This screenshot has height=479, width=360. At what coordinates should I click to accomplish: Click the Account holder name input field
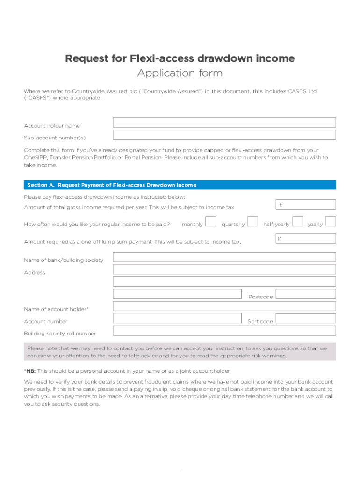[224, 123]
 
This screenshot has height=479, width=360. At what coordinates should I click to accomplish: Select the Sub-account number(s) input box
[224, 135]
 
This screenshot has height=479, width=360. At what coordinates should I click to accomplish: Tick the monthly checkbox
[211, 221]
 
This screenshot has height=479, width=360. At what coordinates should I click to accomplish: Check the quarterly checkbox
[252, 221]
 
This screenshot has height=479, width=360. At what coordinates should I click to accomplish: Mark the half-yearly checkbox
[297, 221]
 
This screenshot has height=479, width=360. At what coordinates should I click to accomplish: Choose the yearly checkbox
[331, 221]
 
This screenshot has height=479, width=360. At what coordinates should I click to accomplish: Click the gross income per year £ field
[305, 204]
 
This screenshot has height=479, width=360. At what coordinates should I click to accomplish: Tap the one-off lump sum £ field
[305, 239]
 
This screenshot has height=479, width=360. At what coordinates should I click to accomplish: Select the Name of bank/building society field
[224, 257]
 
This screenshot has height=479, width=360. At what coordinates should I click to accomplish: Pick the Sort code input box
[305, 319]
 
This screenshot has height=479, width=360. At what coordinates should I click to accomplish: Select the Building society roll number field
[224, 331]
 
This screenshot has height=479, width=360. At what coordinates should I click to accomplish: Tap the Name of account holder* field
[224, 306]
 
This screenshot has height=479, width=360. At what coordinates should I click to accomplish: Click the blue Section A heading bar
[180, 185]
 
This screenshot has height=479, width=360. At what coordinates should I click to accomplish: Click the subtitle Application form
[180, 73]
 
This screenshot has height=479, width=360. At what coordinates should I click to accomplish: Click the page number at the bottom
[180, 469]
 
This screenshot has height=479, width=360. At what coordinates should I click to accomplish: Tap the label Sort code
[260, 322]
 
